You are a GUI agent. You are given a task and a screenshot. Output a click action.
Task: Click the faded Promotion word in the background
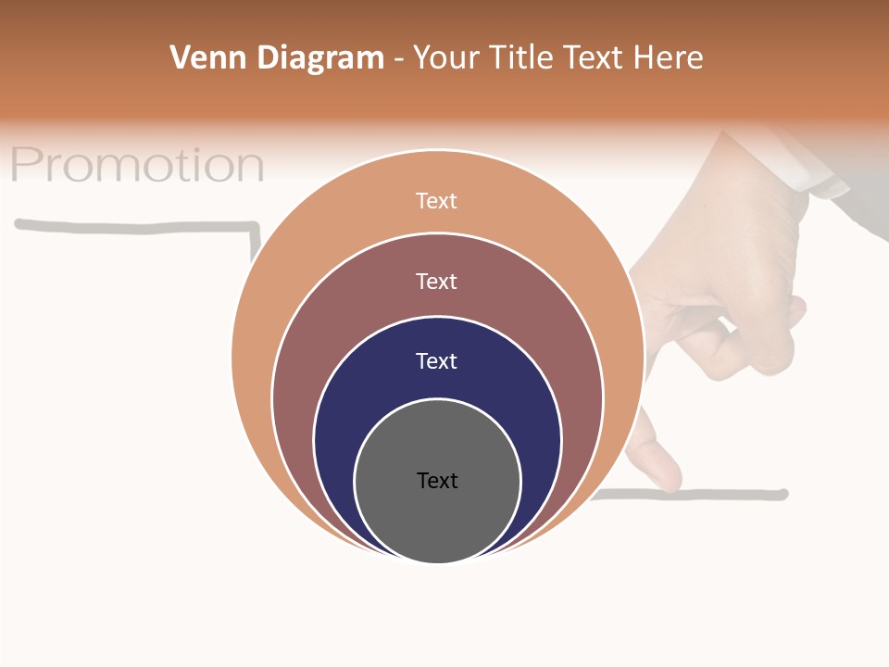pyautogui.click(x=137, y=165)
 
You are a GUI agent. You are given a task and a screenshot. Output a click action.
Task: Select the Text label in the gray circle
pyautogui.click(x=437, y=480)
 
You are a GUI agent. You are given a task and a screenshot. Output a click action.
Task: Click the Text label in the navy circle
pyautogui.click(x=437, y=360)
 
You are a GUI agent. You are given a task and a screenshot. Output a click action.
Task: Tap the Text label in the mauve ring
pyautogui.click(x=437, y=281)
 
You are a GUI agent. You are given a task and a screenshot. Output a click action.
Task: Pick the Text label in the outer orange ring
pyautogui.click(x=437, y=200)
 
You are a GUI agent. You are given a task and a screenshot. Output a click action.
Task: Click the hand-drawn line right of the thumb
pyautogui.click(x=732, y=494)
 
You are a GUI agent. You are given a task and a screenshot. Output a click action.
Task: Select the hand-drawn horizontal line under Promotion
pyautogui.click(x=130, y=225)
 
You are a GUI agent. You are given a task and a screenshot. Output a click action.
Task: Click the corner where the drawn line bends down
pyautogui.click(x=254, y=225)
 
